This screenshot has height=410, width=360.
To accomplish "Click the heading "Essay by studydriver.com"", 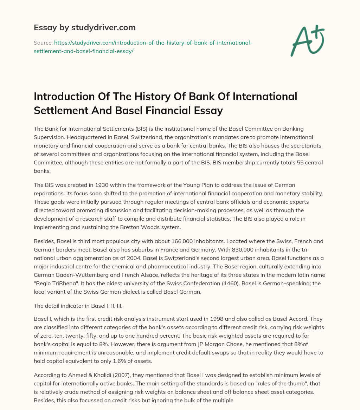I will coord(85,27).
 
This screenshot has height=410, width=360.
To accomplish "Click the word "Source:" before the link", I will coord(43,43).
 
